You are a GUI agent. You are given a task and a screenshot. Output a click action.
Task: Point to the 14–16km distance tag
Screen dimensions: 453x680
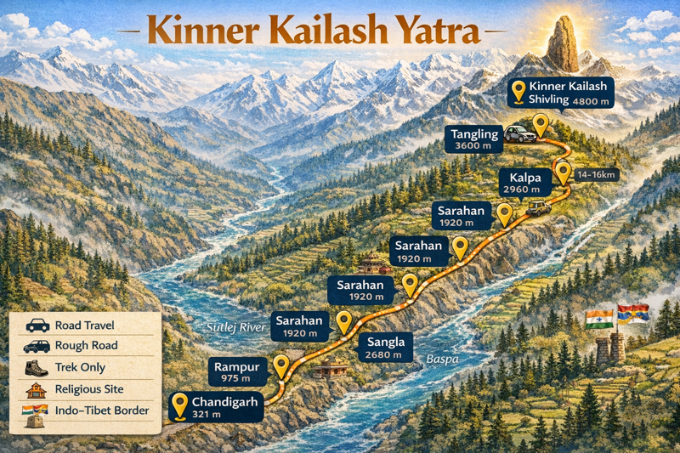pyautogui.click(x=597, y=175)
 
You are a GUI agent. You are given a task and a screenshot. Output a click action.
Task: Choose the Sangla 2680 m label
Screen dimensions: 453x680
pyautogui.click(x=388, y=347)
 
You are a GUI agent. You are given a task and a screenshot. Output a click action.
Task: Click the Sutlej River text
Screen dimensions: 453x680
pyautogui.click(x=238, y=326)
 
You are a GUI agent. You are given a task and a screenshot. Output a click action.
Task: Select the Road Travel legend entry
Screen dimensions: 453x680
pyautogui.click(x=83, y=326)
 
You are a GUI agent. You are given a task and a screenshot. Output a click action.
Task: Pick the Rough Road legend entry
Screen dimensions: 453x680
pyautogui.click(x=85, y=346)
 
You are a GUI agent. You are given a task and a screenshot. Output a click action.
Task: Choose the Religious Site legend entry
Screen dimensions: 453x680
pyautogui.click(x=88, y=389)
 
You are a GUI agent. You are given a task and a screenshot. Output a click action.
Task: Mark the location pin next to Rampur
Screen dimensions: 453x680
pyautogui.click(x=282, y=365)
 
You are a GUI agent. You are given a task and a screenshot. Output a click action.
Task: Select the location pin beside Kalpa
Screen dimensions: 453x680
pyautogui.click(x=564, y=173)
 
